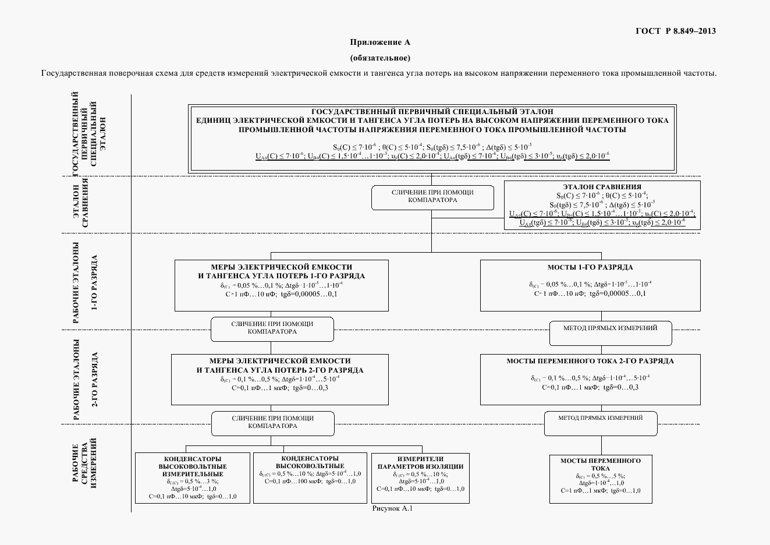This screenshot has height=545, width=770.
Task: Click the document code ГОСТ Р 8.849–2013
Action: pos(675,31)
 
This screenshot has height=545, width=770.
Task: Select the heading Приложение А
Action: pos(380,43)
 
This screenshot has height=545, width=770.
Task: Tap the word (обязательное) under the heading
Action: pos(380,58)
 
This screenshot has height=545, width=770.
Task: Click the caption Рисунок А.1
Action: pos(392,508)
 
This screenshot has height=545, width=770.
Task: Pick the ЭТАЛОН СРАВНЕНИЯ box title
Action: pos(602,187)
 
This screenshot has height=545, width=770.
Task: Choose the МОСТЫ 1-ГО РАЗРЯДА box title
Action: pos(590,267)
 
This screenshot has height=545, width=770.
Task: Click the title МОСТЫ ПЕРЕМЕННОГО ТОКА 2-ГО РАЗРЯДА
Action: pos(590,361)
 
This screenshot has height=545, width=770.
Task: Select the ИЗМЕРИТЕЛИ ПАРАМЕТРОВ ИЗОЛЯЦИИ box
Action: pos(420,478)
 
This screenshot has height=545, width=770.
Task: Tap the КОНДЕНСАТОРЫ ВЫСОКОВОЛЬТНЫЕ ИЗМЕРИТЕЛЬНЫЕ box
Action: pos(193,478)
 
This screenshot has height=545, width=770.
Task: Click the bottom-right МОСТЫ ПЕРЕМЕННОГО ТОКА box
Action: pos(600,478)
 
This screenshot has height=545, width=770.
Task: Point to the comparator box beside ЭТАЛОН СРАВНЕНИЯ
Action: pos(432,197)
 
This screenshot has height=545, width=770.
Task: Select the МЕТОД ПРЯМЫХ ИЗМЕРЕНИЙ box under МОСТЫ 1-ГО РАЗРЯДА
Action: pos(610,332)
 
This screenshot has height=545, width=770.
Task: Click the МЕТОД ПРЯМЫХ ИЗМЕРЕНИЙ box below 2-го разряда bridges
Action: pos(600,423)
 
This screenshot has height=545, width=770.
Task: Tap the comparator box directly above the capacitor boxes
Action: pos(272,423)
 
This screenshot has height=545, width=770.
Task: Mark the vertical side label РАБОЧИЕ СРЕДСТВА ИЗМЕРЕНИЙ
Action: pos(84,469)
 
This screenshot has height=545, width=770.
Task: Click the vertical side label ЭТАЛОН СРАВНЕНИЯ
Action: pos(81,204)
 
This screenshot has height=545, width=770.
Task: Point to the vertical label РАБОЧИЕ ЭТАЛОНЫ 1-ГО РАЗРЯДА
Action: pos(84,281)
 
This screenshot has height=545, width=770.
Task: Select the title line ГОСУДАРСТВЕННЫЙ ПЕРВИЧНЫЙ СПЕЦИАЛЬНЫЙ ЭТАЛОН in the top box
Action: pos(432,111)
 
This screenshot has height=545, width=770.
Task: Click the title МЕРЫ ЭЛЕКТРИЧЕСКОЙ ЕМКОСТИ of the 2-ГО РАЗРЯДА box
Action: pos(279,361)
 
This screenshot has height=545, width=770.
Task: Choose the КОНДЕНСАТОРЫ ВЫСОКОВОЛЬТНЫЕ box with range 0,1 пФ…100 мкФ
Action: pos(310,478)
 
